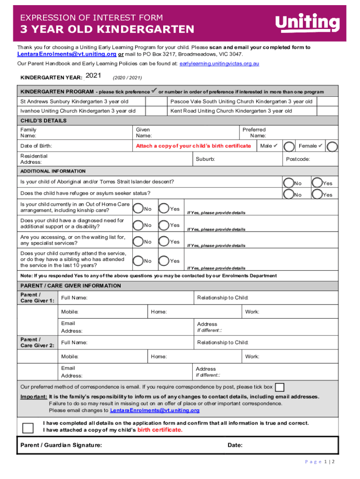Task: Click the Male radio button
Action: pyautogui.click(x=289, y=146)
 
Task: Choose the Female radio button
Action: pyautogui.click(x=332, y=146)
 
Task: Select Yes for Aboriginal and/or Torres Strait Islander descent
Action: pyautogui.click(x=317, y=182)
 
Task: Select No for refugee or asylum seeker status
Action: pyautogui.click(x=288, y=194)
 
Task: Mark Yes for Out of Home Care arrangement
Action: pyautogui.click(x=164, y=208)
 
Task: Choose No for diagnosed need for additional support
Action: pyautogui.click(x=138, y=225)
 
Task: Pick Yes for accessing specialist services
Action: pyautogui.click(x=164, y=241)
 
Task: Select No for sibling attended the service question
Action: pyautogui.click(x=138, y=261)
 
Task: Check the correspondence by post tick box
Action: pyautogui.click(x=280, y=387)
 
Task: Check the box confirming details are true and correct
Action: pyautogui.click(x=28, y=428)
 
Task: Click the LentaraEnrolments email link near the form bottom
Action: pyautogui.click(x=154, y=410)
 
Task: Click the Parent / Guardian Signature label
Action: pyautogui.click(x=61, y=445)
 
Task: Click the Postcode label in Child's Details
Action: pyautogui.click(x=297, y=159)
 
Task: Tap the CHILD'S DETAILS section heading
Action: pyautogui.click(x=43, y=121)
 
